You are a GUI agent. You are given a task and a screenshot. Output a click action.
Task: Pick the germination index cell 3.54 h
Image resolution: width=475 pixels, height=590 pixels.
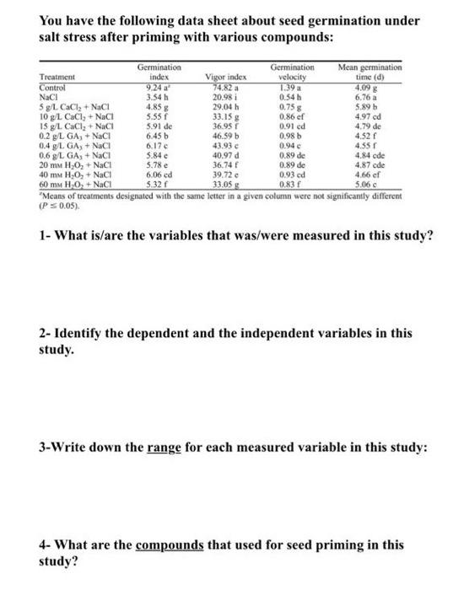154,95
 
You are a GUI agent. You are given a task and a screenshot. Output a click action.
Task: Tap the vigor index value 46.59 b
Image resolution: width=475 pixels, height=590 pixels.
224,133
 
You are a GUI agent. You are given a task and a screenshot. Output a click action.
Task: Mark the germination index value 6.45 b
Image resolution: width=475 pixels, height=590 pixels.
154,133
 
